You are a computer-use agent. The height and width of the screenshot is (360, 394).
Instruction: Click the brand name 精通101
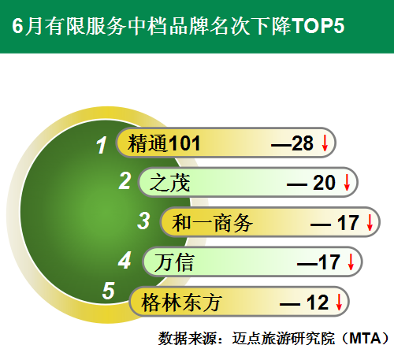164,143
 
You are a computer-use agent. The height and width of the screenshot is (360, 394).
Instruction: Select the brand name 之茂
170,183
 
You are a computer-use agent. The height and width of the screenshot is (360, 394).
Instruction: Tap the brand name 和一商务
212,223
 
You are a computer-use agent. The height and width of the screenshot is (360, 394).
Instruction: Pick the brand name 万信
174,262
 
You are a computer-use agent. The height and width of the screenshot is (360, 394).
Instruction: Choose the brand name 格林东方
181,302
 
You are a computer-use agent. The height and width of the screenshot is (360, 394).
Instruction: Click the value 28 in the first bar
303,143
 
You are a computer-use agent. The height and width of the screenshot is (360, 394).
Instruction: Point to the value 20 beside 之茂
324,183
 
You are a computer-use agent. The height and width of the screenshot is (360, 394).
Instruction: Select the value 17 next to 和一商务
348,223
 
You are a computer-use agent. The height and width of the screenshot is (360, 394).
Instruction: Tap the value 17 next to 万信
329,262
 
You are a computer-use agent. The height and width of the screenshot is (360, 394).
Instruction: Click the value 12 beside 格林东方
318,302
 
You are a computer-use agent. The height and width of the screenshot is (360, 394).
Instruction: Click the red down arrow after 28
325,143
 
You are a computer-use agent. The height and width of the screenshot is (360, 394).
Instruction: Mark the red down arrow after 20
347,182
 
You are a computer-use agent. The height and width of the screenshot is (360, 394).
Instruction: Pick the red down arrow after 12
339,302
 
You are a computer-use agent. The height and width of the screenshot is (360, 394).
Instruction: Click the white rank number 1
102,145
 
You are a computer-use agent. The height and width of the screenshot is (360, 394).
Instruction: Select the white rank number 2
125,180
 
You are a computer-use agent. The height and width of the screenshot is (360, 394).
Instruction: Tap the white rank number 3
143,221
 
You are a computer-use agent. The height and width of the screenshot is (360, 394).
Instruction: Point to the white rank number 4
125,260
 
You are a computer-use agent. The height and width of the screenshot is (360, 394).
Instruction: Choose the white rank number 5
109,291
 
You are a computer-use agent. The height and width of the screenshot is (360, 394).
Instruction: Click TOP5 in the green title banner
318,26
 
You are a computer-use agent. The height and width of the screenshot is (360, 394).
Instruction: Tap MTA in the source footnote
365,338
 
